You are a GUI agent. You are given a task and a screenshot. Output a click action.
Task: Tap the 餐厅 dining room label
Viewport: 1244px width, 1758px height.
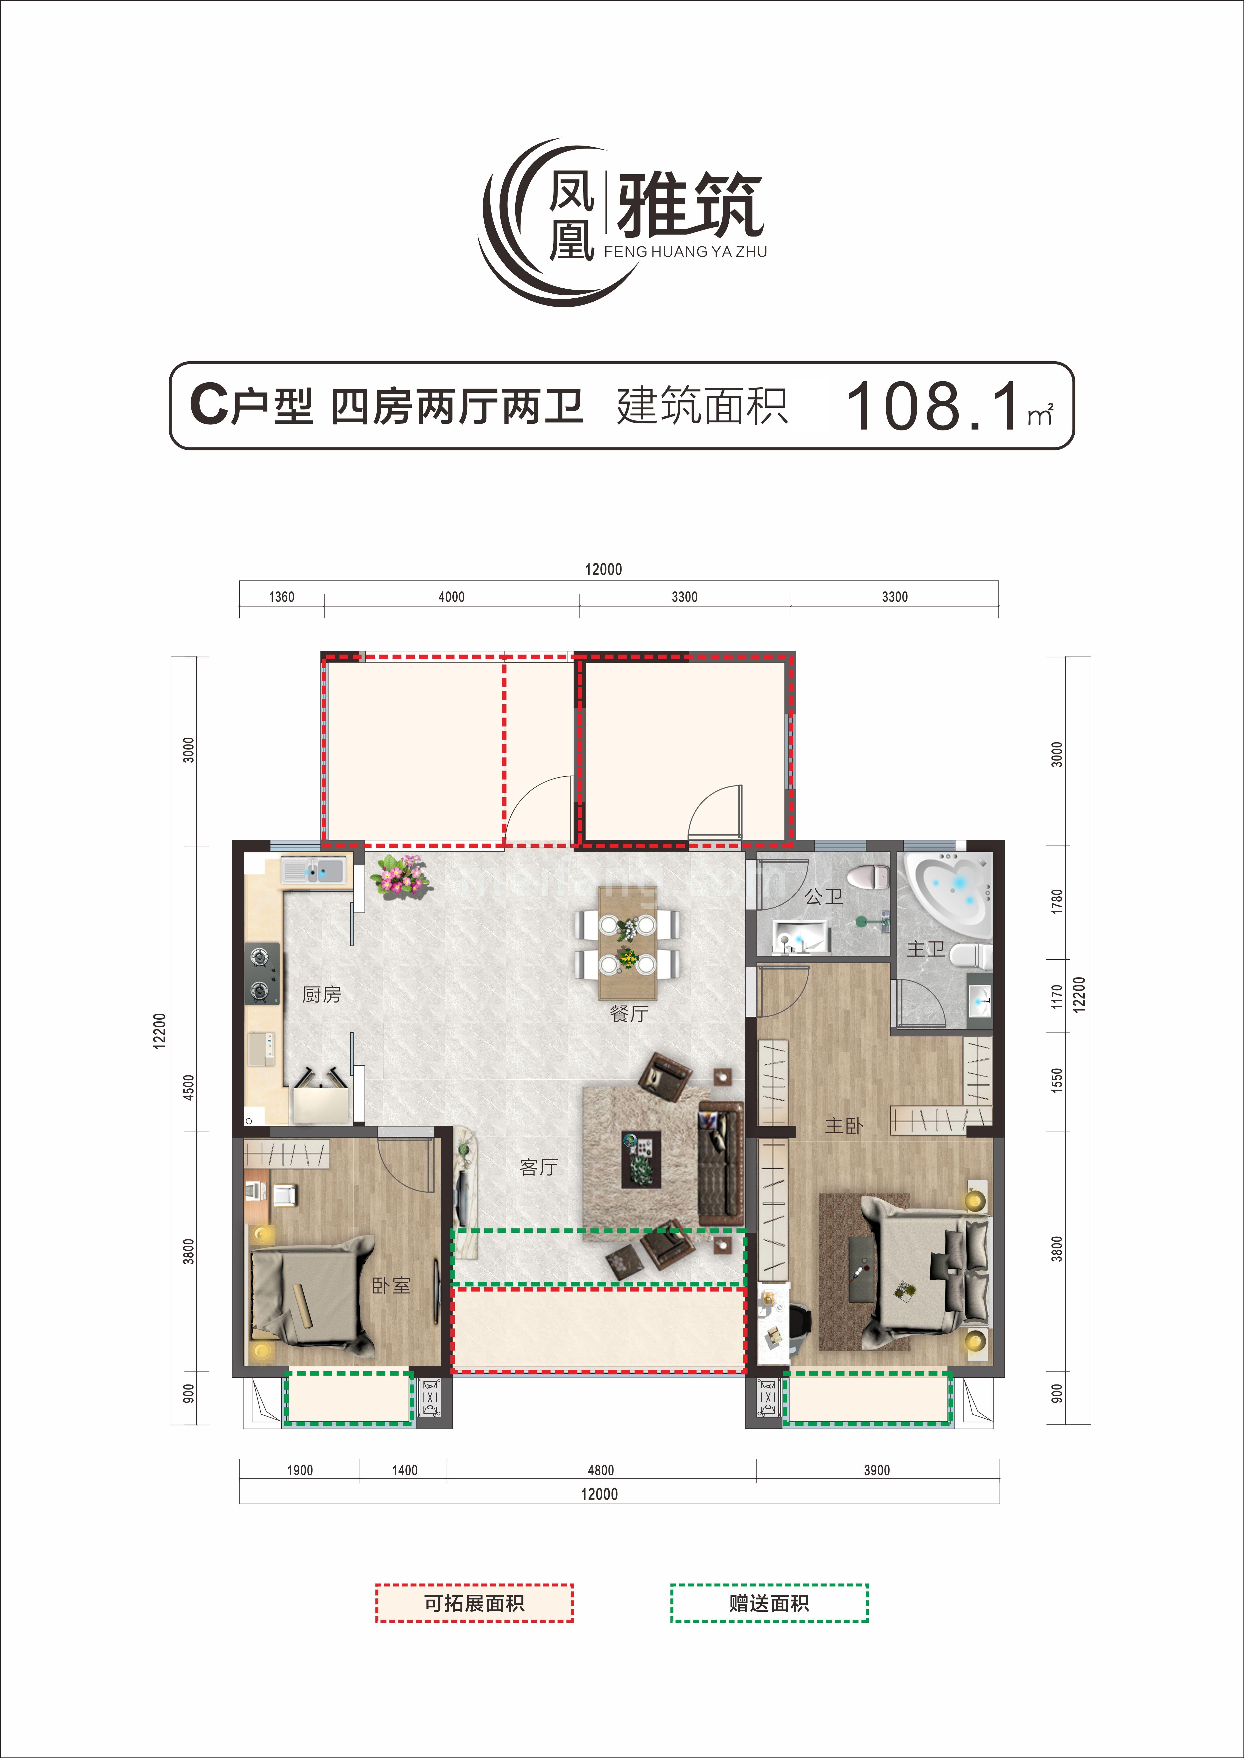tap(629, 1013)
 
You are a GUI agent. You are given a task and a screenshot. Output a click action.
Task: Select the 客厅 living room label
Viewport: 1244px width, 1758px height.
tap(539, 1167)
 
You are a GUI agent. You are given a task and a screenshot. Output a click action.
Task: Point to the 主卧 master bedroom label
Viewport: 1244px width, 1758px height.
tap(843, 1126)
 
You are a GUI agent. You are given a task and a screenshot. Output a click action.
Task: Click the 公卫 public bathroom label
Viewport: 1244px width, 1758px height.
tap(823, 896)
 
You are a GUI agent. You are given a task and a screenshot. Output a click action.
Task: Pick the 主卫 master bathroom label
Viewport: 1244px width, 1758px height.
tap(925, 950)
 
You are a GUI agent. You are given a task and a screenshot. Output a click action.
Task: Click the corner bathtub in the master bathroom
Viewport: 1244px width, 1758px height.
tap(950, 888)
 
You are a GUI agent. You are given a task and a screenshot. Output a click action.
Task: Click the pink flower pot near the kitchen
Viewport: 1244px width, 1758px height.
tap(400, 874)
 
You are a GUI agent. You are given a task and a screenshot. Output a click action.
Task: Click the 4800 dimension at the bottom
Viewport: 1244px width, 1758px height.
tap(601, 1470)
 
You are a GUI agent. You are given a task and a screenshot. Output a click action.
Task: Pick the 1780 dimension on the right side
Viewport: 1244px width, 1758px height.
tap(1057, 901)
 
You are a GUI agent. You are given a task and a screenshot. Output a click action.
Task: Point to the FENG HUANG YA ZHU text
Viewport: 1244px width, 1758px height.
tap(686, 252)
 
